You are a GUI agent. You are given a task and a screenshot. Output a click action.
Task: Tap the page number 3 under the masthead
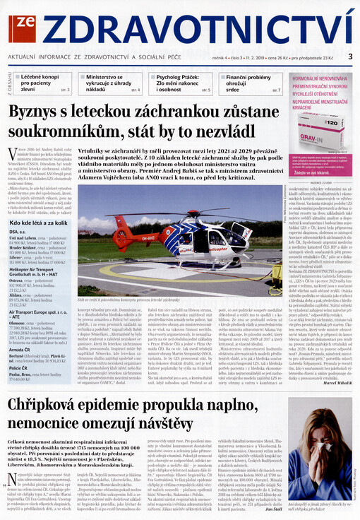350,56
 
